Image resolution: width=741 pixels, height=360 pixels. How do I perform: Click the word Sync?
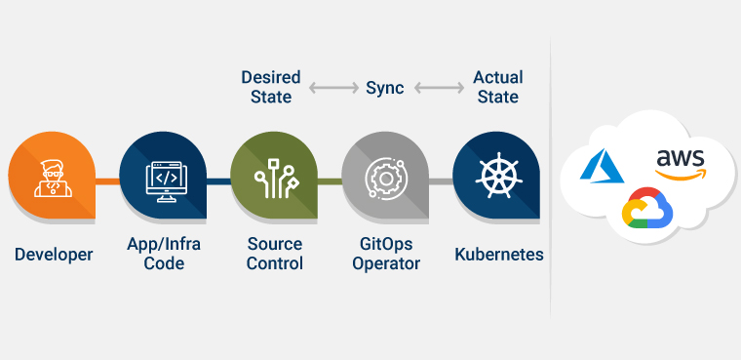[x=384, y=88]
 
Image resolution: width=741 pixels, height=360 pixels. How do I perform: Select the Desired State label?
[x=271, y=87]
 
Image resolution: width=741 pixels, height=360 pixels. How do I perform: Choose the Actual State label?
[x=497, y=87]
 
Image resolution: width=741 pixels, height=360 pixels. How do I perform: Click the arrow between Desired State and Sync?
[x=332, y=88]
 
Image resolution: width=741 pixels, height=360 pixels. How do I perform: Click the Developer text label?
[x=54, y=255]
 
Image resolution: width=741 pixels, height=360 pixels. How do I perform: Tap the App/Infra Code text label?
[x=164, y=254]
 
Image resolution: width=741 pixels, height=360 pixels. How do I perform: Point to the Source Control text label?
[x=274, y=254]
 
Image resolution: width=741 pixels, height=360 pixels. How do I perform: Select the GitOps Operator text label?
[x=385, y=254]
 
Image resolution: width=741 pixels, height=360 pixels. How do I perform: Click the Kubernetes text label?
[x=499, y=255]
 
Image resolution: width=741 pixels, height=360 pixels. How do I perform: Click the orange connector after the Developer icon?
[x=106, y=181]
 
